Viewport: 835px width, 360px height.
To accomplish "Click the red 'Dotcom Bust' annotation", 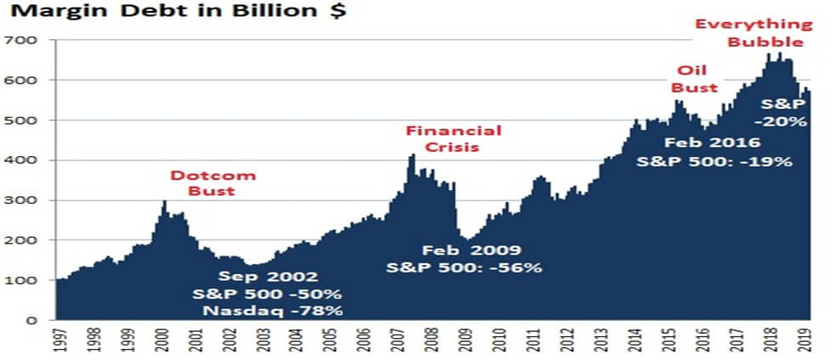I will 203,183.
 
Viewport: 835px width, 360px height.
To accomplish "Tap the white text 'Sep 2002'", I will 268,277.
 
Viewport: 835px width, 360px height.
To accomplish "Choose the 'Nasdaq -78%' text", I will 273,311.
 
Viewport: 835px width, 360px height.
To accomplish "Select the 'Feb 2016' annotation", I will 704,143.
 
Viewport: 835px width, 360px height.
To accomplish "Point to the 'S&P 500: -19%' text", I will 715,160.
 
